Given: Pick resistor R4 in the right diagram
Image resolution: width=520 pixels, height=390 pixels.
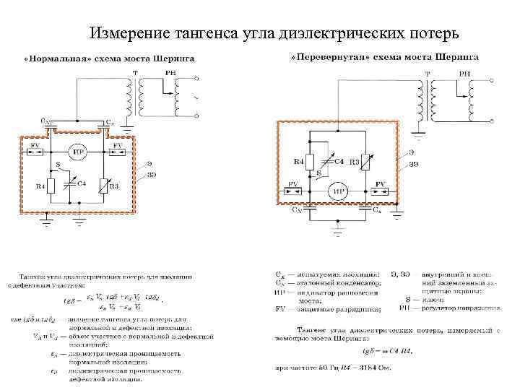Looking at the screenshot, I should (308, 162).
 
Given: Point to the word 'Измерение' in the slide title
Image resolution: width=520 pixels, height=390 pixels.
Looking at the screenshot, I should (126, 33).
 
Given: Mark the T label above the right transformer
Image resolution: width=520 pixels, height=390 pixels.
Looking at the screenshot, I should (428, 74).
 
